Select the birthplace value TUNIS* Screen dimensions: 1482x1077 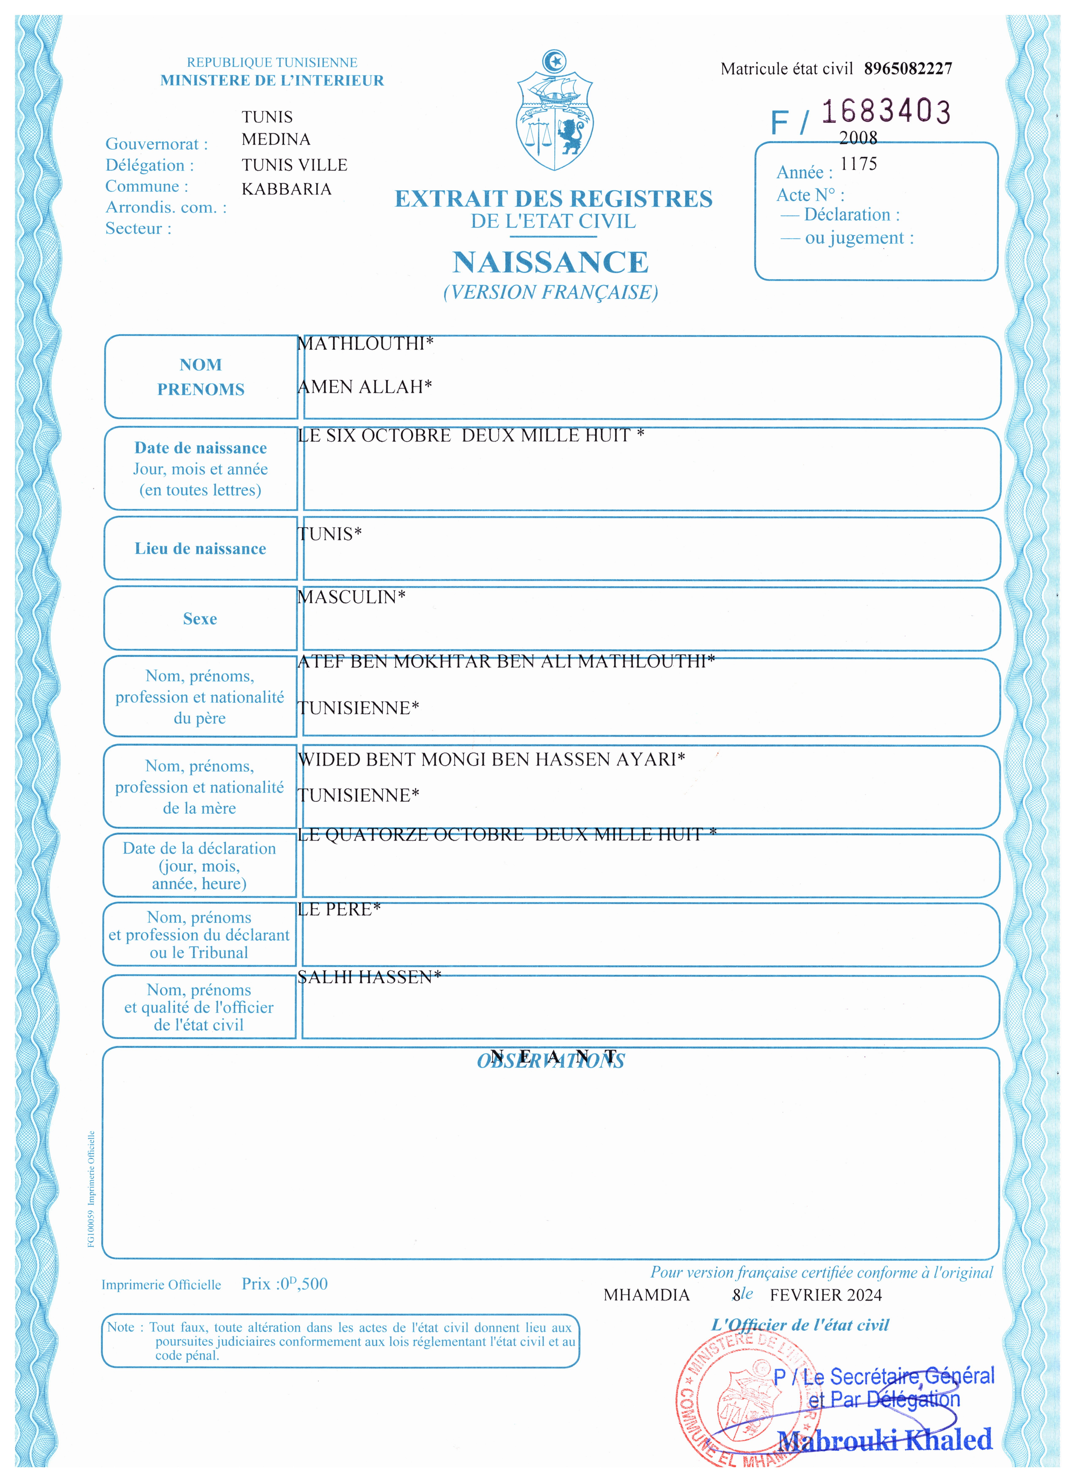[x=329, y=534]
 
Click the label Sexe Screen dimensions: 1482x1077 [x=200, y=619]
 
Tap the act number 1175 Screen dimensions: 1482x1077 [x=858, y=164]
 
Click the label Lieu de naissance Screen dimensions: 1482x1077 [x=200, y=549]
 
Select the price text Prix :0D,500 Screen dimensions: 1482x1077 [x=284, y=1284]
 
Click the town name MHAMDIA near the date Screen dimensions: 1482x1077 [x=646, y=1295]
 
